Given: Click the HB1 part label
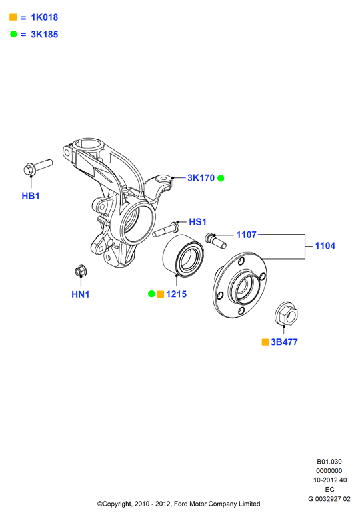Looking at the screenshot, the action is click(31, 196).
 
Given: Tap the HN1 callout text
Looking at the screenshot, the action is click(81, 294).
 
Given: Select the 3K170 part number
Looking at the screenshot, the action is click(201, 178).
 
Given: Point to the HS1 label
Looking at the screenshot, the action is click(197, 222).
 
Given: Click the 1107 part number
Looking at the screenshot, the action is click(247, 235).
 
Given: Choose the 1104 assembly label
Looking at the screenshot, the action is click(325, 246).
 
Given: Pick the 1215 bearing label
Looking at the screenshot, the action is click(176, 294).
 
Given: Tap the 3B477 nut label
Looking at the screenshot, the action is click(284, 342).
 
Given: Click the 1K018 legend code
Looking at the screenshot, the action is click(45, 17).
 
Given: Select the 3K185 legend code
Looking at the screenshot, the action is click(45, 34).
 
